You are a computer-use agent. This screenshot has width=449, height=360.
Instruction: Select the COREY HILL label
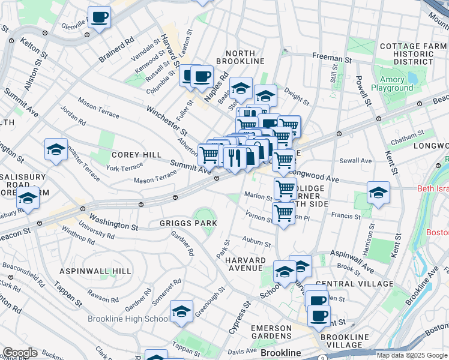[x=136, y=154]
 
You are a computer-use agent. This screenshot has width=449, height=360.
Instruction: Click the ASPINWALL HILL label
[x=95, y=271]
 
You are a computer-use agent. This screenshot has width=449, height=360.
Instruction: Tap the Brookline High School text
[x=128, y=319]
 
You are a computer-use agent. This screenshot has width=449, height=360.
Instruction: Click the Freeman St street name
[x=331, y=59]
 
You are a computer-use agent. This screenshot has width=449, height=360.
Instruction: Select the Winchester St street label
[x=167, y=120]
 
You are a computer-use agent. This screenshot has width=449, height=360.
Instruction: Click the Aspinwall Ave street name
[x=351, y=254]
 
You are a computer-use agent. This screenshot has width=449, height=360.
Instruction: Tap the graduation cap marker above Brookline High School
[x=181, y=311]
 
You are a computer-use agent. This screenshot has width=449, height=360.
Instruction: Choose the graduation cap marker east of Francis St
[x=378, y=192]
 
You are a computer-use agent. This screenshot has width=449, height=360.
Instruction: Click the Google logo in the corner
[x=20, y=353]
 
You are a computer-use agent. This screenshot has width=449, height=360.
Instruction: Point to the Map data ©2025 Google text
[x=412, y=355]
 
